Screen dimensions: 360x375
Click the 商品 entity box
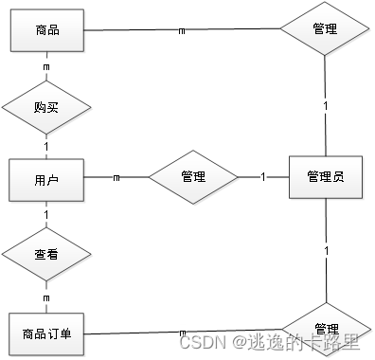click(x=45, y=30)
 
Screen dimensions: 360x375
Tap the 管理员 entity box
click(x=325, y=176)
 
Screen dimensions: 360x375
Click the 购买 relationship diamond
click(x=45, y=106)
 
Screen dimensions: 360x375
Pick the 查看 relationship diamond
click(x=45, y=255)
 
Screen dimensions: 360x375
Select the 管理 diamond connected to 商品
click(x=325, y=30)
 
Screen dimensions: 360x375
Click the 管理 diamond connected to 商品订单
click(x=325, y=326)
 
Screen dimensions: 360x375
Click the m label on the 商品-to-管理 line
click(x=182, y=30)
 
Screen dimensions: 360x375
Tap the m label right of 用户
click(x=116, y=177)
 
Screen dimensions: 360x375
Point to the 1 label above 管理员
click(x=326, y=105)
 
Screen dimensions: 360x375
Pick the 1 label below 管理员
click(x=326, y=251)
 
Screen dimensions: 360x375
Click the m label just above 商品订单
click(x=45, y=297)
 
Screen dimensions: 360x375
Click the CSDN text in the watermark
click(x=201, y=339)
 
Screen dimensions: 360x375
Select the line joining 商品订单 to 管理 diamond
click(x=142, y=333)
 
